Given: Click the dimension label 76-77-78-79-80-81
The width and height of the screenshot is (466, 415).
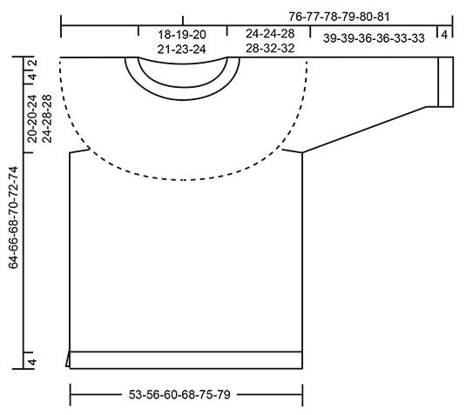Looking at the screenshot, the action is click(x=339, y=17).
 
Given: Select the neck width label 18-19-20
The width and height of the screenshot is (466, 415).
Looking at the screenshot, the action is click(x=181, y=35).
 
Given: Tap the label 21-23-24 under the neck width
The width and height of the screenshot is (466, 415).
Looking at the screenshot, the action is click(x=181, y=50).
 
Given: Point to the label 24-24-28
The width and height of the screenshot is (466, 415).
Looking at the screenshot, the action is click(x=270, y=34).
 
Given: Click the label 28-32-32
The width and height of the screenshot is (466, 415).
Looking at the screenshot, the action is click(x=270, y=48).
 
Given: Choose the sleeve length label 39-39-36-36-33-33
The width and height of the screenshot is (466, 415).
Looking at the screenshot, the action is click(x=374, y=38).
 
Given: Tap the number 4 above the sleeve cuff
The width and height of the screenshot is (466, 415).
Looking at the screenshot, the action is click(x=444, y=35).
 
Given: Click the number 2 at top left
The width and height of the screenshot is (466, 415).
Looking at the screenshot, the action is click(x=33, y=63).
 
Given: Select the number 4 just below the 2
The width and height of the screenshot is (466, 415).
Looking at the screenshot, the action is click(x=33, y=77).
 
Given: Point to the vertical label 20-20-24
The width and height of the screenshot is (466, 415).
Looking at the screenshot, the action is click(x=32, y=118).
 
